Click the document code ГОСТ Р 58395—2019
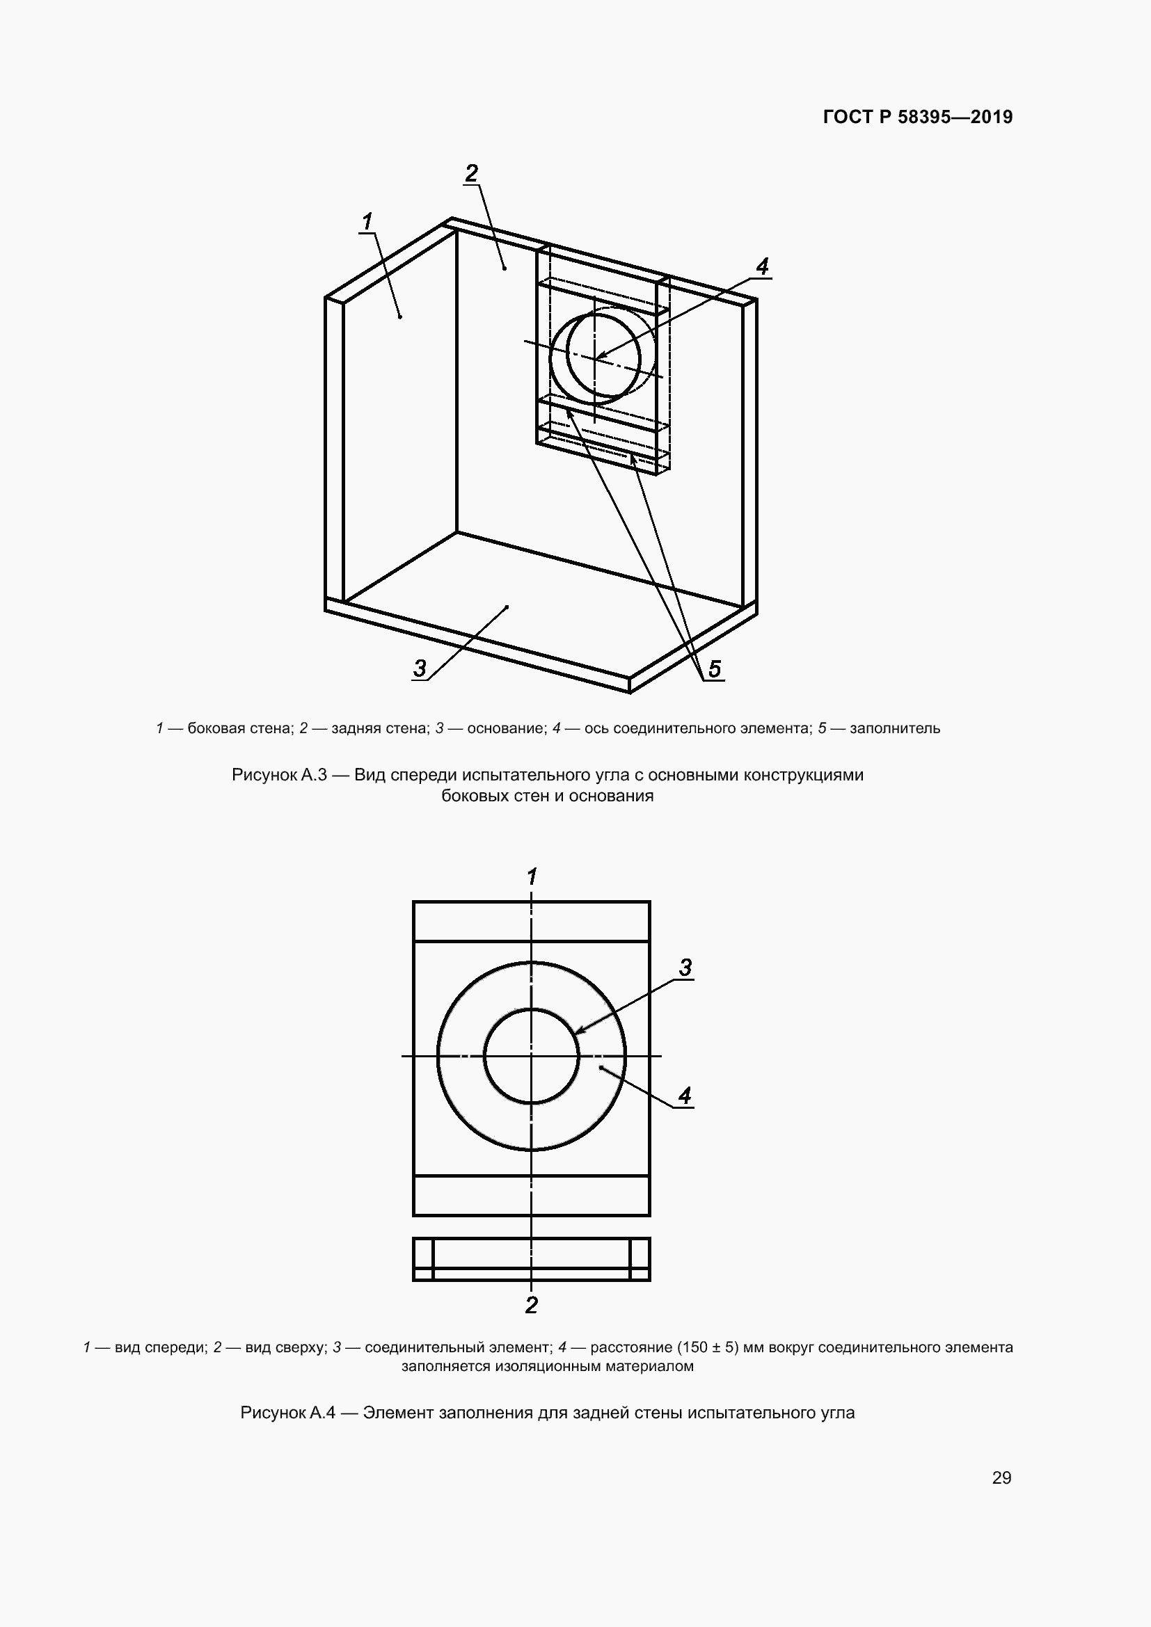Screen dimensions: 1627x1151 tap(918, 117)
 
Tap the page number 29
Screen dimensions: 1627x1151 tap(1001, 1477)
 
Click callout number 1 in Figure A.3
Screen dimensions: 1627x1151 tap(367, 222)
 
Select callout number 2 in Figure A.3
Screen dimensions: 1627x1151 tap(471, 173)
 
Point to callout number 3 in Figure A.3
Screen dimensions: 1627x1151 tap(420, 668)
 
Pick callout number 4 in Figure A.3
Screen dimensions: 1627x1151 tap(762, 266)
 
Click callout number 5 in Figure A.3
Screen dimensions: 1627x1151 tap(715, 668)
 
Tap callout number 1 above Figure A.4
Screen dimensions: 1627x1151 tap(532, 876)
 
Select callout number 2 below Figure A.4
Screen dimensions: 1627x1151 tap(532, 1304)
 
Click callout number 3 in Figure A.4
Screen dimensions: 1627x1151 tap(685, 968)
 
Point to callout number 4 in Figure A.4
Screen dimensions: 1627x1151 tap(685, 1096)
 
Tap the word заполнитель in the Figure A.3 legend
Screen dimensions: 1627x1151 tap(894, 728)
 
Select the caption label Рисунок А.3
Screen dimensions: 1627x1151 tap(278, 774)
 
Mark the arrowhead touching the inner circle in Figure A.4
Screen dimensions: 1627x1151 tap(577, 1032)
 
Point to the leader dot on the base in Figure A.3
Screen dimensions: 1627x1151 tap(507, 607)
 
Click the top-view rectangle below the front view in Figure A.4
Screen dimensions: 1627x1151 tap(532, 1259)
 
